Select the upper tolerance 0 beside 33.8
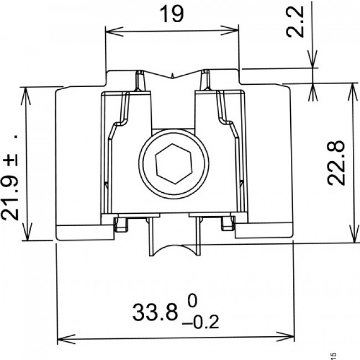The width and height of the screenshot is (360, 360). pyautogui.click(x=192, y=302)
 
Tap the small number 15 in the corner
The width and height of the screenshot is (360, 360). pyautogui.click(x=333, y=355)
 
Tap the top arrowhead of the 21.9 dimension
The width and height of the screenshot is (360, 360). pyautogui.click(x=25, y=91)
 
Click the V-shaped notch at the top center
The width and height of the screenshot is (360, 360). pyautogui.click(x=173, y=75)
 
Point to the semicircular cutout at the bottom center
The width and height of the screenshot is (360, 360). pyautogui.click(x=173, y=250)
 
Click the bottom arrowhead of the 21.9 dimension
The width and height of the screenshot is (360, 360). pyautogui.click(x=25, y=236)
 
